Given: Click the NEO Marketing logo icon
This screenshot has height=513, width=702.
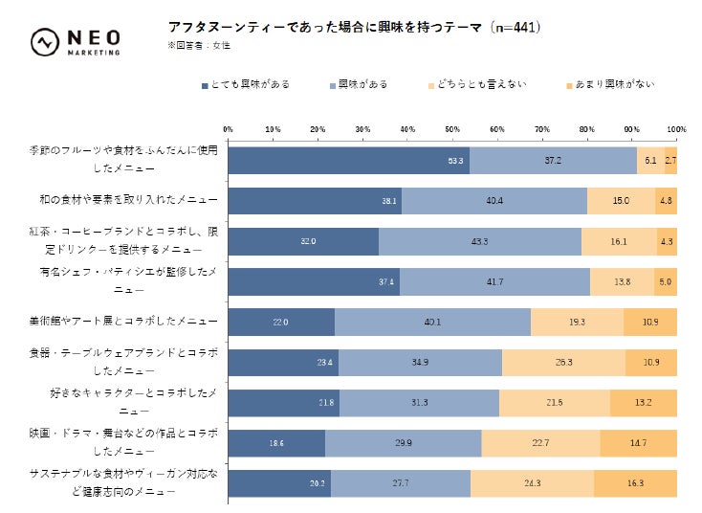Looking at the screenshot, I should click(44, 42).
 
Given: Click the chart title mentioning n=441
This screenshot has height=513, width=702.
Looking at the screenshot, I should click(354, 28).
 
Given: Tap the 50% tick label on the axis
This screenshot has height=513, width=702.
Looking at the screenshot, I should click(452, 128).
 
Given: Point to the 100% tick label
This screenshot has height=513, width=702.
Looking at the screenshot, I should click(676, 128).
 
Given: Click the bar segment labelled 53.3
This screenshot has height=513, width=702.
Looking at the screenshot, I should click(349, 161).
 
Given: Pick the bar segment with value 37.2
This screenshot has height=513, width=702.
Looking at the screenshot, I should click(553, 161).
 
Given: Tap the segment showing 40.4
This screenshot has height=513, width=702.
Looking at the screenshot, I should click(494, 201).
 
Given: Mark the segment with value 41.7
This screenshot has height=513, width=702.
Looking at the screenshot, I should click(494, 281).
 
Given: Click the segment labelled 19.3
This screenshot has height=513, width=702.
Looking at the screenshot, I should click(577, 322).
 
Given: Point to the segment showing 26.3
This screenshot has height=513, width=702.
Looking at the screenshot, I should click(563, 362).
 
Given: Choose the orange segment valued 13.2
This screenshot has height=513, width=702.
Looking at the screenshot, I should click(643, 402).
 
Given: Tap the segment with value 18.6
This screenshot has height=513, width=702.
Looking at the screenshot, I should click(276, 442).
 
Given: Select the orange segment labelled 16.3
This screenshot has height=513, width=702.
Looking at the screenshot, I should click(635, 482).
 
